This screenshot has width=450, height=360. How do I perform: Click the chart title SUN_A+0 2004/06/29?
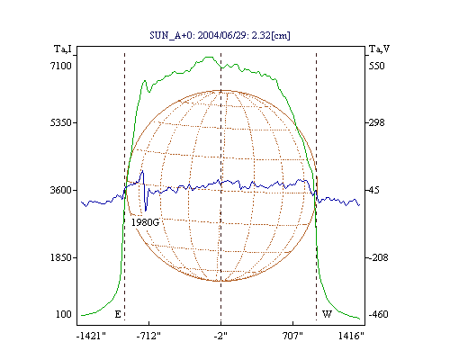pyautogui.click(x=220, y=35)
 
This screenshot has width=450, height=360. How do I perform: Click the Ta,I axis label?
pyautogui.click(x=63, y=49)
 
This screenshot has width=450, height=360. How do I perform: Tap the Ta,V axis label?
pyautogui.click(x=379, y=49)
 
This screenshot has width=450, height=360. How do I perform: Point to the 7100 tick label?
pyautogui.click(x=61, y=66)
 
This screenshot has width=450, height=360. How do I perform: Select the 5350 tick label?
pyautogui.click(x=61, y=122)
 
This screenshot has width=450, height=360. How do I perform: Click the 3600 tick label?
pyautogui.click(x=61, y=190)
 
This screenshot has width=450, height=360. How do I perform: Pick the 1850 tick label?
pyautogui.click(x=61, y=257)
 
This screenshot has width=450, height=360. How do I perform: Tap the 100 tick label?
pyautogui.click(x=64, y=314)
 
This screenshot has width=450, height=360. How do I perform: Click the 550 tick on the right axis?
pyautogui.click(x=376, y=66)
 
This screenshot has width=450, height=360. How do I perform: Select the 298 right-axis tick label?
pyautogui.click(x=376, y=122)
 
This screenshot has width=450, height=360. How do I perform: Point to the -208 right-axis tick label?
pyautogui.click(x=378, y=257)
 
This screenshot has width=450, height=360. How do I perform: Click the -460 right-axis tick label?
pyautogui.click(x=378, y=314)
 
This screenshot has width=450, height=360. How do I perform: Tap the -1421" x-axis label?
pyautogui.click(x=91, y=336)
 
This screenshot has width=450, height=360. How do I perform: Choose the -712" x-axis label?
pyautogui.click(x=148, y=336)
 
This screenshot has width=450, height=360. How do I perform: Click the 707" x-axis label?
pyautogui.click(x=292, y=336)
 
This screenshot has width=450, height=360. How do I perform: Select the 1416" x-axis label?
pyautogui.click(x=351, y=336)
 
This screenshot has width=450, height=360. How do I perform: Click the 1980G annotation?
pyautogui.click(x=145, y=222)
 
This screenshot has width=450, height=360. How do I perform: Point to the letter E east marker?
pyautogui.click(x=118, y=314)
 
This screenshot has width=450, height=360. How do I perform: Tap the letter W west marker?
pyautogui.click(x=327, y=314)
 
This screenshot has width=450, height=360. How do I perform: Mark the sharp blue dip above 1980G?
pyautogui.click(x=146, y=210)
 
